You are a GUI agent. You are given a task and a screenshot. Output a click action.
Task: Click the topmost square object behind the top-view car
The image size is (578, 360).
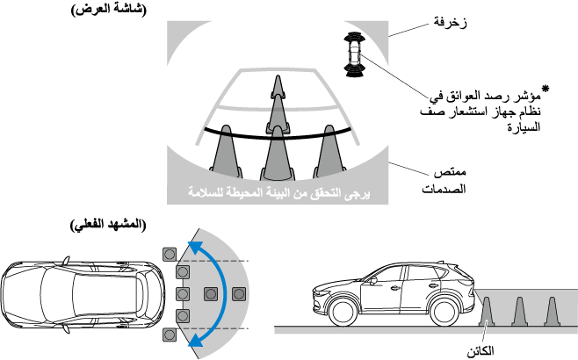tap(168, 252)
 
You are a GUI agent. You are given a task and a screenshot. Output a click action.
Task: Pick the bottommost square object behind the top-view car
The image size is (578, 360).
tap(169, 334)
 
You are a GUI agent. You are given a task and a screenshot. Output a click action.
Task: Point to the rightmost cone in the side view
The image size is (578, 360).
tap(551, 311)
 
